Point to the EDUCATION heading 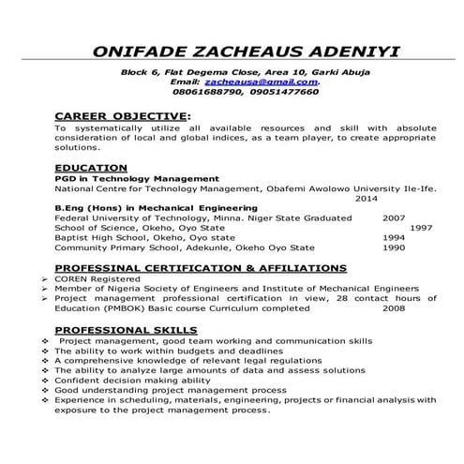(x=91, y=167)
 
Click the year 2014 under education (x=367, y=198)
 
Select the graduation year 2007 (x=394, y=217)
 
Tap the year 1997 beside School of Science (x=421, y=228)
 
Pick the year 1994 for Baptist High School (x=394, y=238)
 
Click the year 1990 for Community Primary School (x=394, y=248)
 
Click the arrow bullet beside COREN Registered (x=46, y=278)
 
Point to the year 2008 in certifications (x=394, y=307)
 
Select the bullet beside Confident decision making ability (x=46, y=381)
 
